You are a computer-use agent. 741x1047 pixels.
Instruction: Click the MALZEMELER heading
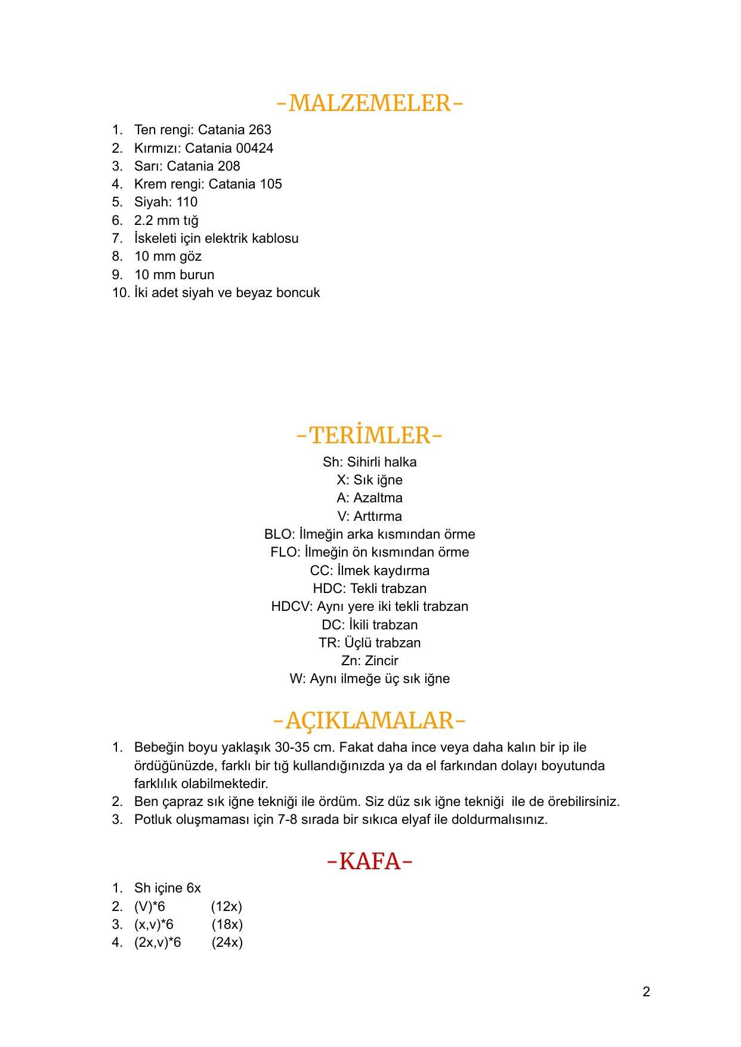point(369,103)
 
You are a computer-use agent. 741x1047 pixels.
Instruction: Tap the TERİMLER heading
point(369,436)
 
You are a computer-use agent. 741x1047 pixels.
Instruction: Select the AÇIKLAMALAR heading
point(369,721)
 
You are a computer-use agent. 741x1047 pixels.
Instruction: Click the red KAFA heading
point(370,861)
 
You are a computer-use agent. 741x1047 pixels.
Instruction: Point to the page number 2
point(646,992)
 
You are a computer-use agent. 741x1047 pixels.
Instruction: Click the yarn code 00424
point(255,148)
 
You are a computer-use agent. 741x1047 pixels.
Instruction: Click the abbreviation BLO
point(278,535)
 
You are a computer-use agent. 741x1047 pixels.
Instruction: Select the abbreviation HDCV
point(291,607)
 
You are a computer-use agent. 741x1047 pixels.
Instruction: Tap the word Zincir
point(381,661)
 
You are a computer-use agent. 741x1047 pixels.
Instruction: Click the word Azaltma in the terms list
point(378,498)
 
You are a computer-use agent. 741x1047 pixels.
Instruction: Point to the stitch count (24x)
point(227,943)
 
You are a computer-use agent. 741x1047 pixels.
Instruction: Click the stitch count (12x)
point(227,907)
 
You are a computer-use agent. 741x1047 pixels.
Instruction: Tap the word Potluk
point(153,820)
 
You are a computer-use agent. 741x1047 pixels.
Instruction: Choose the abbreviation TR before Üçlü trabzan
point(328,643)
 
